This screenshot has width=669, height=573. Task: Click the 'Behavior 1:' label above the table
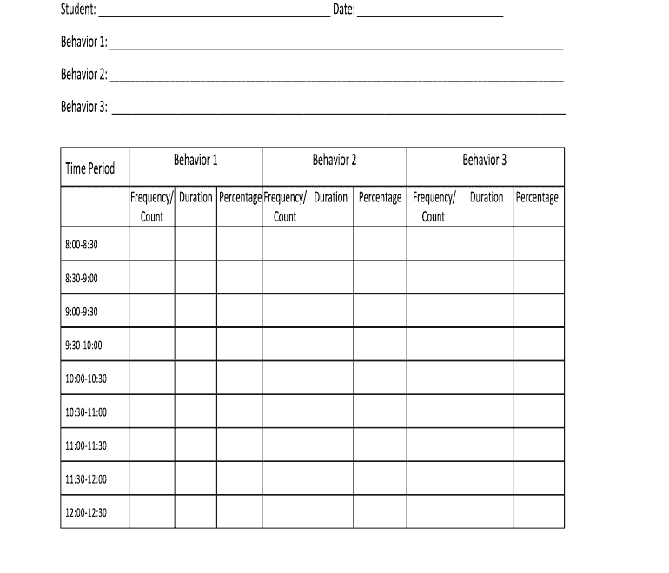click(83, 42)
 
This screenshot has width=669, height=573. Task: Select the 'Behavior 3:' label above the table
click(83, 107)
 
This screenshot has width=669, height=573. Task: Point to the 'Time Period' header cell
click(89, 168)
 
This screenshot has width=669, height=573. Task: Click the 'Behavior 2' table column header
click(334, 160)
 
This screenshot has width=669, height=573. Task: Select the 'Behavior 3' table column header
click(485, 160)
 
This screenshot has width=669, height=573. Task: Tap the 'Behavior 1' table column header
click(195, 160)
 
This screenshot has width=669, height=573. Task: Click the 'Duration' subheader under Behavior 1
click(195, 198)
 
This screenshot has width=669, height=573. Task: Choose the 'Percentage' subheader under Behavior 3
click(538, 198)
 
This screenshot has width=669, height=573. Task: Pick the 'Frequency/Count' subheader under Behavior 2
click(285, 207)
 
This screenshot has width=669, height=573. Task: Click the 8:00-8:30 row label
click(82, 245)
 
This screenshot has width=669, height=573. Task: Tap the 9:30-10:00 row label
click(83, 345)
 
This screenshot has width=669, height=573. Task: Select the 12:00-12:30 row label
click(86, 512)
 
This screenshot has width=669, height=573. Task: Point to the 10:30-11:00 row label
click(86, 412)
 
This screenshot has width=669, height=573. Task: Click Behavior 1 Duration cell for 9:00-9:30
click(195, 311)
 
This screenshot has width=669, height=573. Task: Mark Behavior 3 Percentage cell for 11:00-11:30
click(538, 445)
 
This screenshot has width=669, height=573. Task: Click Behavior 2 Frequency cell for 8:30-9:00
click(285, 278)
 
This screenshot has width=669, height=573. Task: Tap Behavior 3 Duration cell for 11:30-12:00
click(487, 478)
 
